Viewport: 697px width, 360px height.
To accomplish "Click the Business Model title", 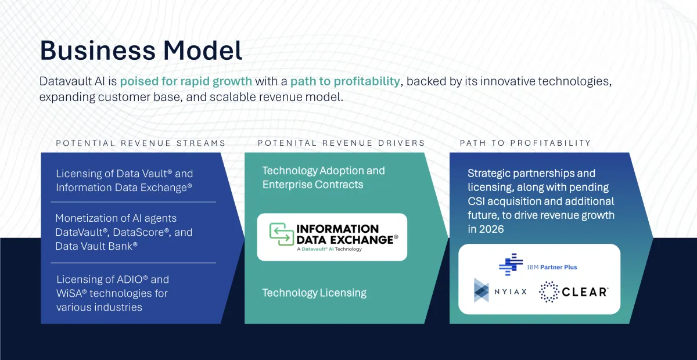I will pos(141,51).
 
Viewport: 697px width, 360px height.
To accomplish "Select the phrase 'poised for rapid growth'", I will pos(186,81).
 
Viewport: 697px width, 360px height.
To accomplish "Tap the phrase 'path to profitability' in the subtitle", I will pos(345,81).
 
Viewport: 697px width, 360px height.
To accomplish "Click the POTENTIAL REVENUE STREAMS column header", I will pos(141,143).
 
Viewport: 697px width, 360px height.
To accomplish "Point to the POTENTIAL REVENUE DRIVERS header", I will pos(342,143).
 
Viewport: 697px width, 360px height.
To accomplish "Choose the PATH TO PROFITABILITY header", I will pos(525,143).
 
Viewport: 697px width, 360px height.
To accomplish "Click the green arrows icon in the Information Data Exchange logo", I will pos(282,233).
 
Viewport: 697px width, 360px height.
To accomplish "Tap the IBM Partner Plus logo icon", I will pos(511,265).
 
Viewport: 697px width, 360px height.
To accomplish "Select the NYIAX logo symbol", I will pos(482,290).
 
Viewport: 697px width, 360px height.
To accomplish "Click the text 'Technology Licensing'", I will pos(314,293).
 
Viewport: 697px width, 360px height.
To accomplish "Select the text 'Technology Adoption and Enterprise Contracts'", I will pos(323,178).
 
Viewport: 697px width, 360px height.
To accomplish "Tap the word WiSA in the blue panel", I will pos(69,293).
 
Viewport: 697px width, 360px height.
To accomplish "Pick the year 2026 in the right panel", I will pos(491,229).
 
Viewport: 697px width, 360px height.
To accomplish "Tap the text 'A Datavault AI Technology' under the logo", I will pos(329,249).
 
